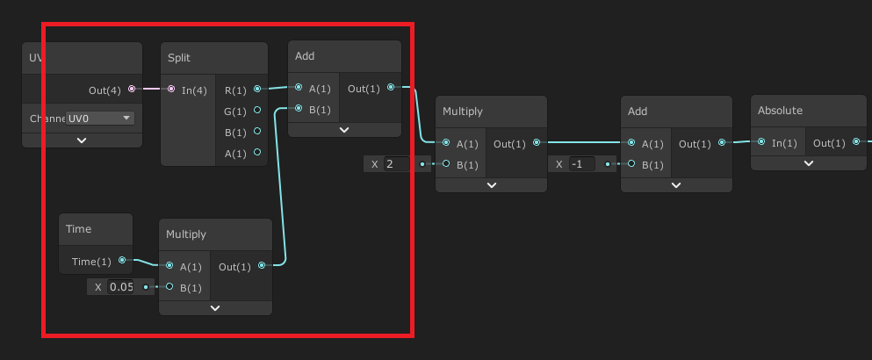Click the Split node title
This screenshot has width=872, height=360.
click(179, 58)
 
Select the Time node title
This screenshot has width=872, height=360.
click(78, 229)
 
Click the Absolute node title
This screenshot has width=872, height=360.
click(780, 111)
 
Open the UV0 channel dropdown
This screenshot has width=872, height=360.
click(101, 118)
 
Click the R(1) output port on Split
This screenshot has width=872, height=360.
click(256, 89)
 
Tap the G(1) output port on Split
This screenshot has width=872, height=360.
click(256, 111)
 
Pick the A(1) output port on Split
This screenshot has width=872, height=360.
click(256, 153)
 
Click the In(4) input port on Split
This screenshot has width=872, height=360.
click(171, 89)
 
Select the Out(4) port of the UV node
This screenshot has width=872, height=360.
click(132, 89)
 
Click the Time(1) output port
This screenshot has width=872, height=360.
click(122, 260)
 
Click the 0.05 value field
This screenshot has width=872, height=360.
click(121, 287)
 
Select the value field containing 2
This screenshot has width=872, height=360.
click(395, 163)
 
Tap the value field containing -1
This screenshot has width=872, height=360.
click(580, 163)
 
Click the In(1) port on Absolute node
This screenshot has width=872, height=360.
click(761, 142)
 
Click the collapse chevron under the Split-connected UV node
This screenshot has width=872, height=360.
click(82, 140)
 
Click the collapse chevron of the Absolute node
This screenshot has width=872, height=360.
click(808, 162)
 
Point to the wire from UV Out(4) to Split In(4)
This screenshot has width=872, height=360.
click(150, 89)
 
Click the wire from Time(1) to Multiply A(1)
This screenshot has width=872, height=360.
click(141, 263)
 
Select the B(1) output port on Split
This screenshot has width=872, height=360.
click(256, 132)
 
